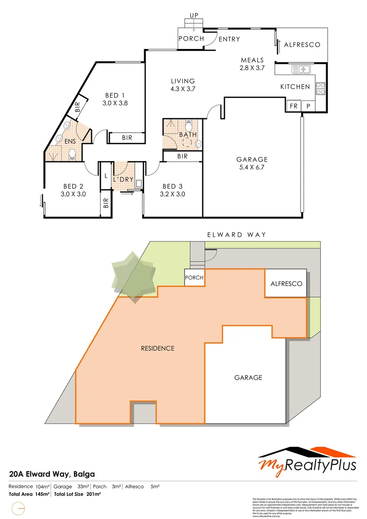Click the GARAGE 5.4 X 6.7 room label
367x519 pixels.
pos(252,163)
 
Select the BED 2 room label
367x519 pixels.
pos(73,190)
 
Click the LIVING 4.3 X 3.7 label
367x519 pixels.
pos(183,85)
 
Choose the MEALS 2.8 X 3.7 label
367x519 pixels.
pos(252,64)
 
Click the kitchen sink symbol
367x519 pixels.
pos(302,70)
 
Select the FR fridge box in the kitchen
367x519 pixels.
pos(293,106)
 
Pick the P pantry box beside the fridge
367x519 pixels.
pos(308,106)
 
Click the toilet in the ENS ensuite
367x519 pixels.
pos(72,154)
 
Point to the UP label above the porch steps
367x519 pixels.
pos(194,16)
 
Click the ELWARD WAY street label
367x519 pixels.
pos(236,235)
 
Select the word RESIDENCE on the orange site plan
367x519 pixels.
pos(157,348)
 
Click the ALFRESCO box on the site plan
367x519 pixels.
pos(286,284)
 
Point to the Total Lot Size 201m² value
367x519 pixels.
pos(77,494)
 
